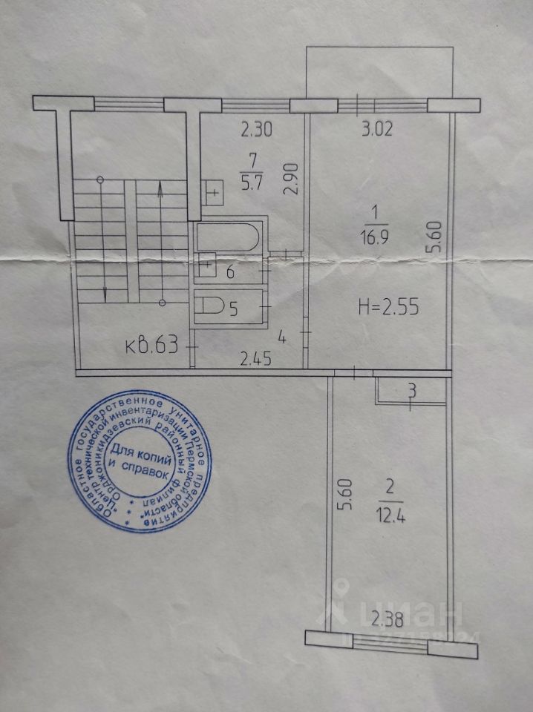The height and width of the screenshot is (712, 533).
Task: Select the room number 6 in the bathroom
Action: click(230, 272)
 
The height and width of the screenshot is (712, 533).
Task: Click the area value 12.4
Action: click(391, 511)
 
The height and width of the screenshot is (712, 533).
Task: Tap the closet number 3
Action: click(413, 389)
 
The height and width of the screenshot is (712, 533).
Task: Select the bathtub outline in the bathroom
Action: click(227, 237)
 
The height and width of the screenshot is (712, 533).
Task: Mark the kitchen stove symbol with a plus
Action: click(212, 193)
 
